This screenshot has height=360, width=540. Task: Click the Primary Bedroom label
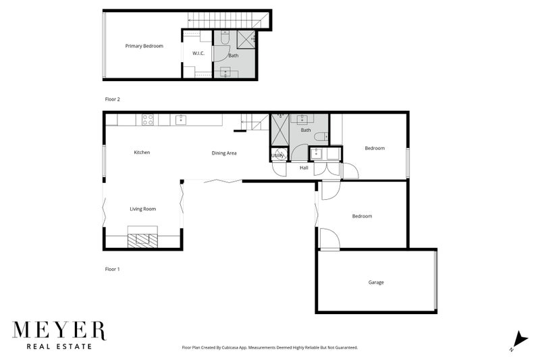click(x=144, y=46)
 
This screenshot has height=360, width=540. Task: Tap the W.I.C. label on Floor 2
click(x=198, y=53)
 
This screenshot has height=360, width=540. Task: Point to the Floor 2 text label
click(x=112, y=99)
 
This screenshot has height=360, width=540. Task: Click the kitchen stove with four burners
click(x=146, y=120)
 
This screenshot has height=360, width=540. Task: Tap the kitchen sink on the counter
click(x=181, y=120)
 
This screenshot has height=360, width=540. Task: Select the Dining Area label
click(x=224, y=153)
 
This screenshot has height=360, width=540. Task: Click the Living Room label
click(x=142, y=209)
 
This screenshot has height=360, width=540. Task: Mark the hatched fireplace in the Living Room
click(x=142, y=240)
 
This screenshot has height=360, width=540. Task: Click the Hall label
click(x=304, y=168)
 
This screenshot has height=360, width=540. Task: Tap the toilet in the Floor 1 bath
click(x=320, y=137)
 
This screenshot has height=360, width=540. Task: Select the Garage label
click(x=376, y=282)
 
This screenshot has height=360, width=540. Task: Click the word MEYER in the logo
click(x=59, y=331)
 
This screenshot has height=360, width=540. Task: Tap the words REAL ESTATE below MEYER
click(x=59, y=347)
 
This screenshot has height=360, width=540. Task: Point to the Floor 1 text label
click(x=112, y=269)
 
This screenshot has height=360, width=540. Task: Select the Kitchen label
click(x=142, y=153)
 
